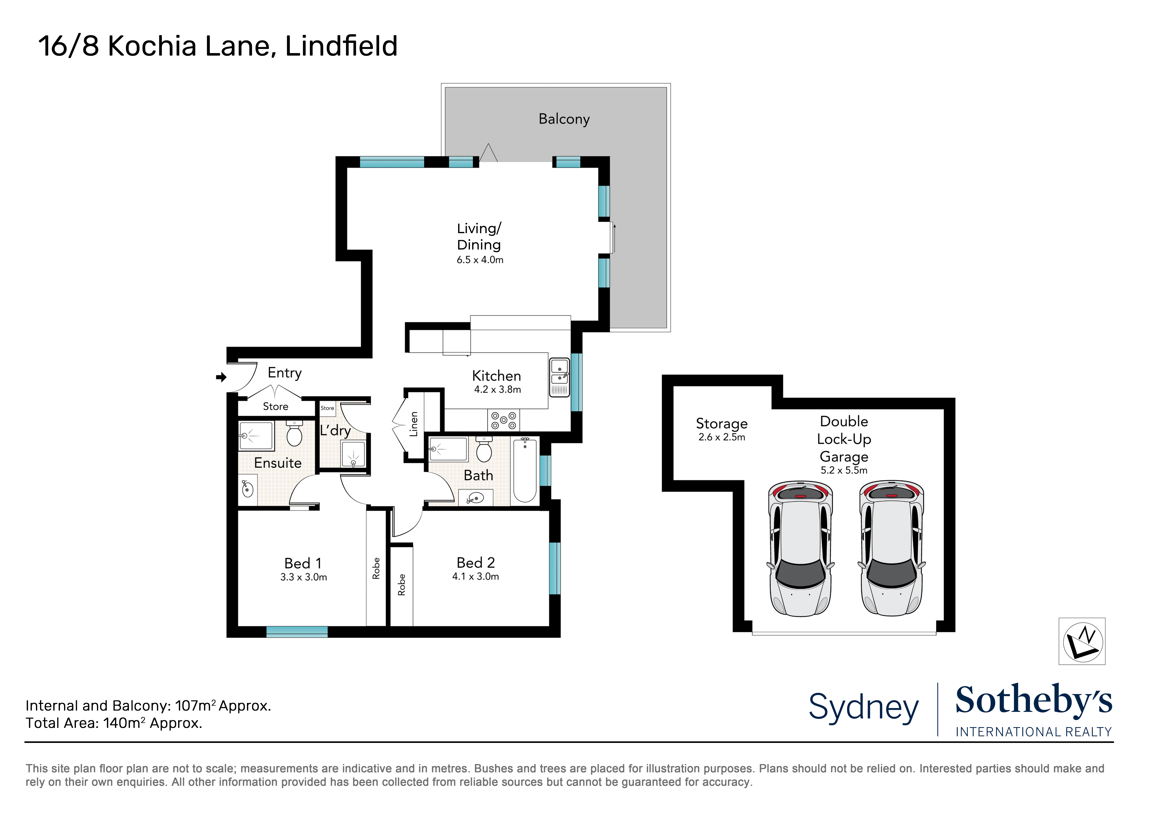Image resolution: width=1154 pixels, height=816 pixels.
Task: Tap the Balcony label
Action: [x=564, y=119]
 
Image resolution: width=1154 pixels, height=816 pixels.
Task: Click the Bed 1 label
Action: [x=303, y=563]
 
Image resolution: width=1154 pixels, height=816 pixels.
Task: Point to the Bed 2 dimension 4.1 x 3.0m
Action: [x=475, y=577]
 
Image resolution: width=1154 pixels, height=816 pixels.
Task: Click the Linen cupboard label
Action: [x=414, y=424]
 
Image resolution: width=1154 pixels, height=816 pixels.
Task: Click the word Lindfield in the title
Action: [x=341, y=46]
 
